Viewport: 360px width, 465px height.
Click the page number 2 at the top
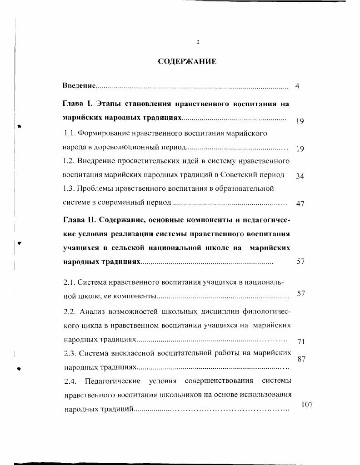[198, 42]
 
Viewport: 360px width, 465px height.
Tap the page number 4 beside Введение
[297, 86]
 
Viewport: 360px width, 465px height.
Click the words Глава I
[77, 104]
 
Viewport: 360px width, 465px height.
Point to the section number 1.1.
[69, 134]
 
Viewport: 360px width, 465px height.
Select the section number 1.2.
[69, 161]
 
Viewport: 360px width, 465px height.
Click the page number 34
[300, 176]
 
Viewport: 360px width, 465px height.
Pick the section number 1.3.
[69, 188]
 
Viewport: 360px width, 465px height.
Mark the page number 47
[300, 204]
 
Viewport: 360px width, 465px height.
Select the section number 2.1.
[70, 282]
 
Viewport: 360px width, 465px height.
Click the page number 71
[300, 341]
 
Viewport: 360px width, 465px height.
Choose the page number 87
[300, 359]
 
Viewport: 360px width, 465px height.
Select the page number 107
[307, 405]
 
